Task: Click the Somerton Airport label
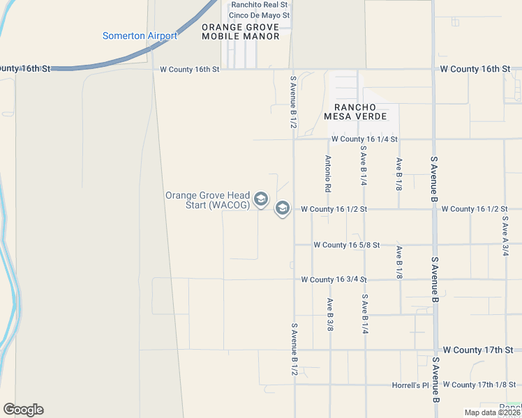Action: pos(140,36)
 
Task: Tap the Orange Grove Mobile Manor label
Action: pos(240,31)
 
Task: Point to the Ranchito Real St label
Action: pos(260,5)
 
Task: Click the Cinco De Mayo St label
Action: pos(259,15)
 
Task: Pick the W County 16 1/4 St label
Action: pos(364,139)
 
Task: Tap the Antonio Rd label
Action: pos(327,173)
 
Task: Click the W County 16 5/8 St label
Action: pos(346,245)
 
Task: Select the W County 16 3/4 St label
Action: pos(334,279)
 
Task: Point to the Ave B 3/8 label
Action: pos(329,314)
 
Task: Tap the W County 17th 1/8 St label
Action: pos(482,385)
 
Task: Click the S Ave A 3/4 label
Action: pos(505,235)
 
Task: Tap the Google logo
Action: pos(23,410)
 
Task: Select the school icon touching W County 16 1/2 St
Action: pos(283,208)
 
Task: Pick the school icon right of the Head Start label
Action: pos(261,200)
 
